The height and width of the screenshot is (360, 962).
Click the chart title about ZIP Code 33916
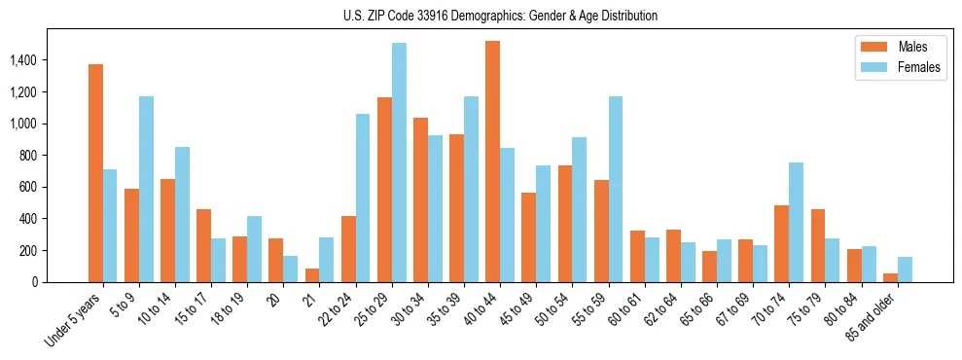click(x=500, y=16)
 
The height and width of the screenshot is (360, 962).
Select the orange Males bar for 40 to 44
click(x=492, y=162)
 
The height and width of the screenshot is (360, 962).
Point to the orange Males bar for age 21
click(x=312, y=275)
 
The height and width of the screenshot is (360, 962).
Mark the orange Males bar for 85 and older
click(x=891, y=278)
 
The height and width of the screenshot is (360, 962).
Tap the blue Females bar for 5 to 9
click(x=146, y=190)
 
